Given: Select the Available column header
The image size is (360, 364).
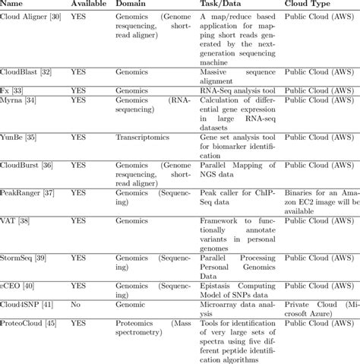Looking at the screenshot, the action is click(88, 4).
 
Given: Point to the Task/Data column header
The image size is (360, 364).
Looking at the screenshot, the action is click(224, 4).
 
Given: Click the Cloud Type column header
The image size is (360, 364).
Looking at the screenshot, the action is click(307, 4).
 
